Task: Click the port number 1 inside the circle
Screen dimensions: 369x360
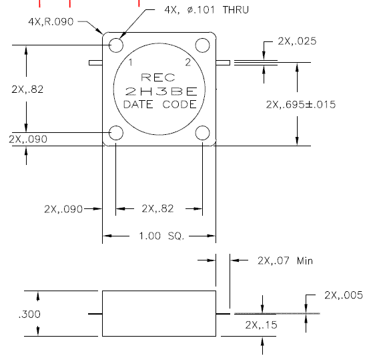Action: click(x=131, y=62)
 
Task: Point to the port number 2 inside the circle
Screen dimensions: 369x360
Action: click(x=188, y=62)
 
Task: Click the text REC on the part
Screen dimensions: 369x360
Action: click(x=158, y=77)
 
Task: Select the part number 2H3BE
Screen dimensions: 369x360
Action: click(x=161, y=92)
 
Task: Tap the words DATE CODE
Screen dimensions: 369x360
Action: click(x=160, y=104)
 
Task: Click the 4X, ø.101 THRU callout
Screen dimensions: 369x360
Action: click(x=206, y=10)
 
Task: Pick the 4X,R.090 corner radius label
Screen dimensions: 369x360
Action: click(x=51, y=22)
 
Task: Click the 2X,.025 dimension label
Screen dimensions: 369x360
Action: click(x=297, y=41)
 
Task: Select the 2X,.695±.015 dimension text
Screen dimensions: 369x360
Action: click(x=301, y=105)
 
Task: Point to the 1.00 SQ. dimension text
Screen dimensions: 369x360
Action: click(x=161, y=236)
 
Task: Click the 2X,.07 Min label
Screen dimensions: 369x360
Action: click(x=285, y=260)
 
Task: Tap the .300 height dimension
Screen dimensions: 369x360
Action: click(x=29, y=314)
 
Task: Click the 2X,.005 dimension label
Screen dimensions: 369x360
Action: click(x=344, y=295)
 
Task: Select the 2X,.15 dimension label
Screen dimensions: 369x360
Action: click(x=261, y=325)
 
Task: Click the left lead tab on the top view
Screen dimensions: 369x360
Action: click(x=95, y=63)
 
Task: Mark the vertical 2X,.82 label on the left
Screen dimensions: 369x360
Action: click(x=27, y=89)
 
